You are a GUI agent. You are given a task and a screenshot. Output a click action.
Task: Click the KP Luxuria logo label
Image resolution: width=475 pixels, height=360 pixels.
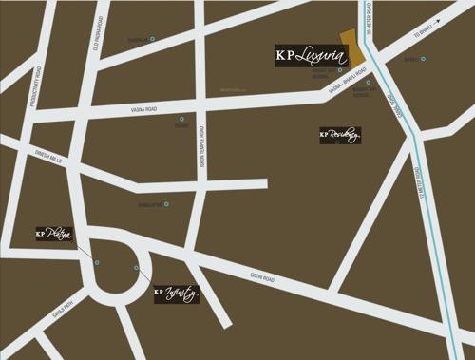[306, 54]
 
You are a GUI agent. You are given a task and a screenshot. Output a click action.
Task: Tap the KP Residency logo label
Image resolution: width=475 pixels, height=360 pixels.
[340, 135]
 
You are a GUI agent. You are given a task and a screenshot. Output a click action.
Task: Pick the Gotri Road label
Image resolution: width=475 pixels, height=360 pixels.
[262, 278]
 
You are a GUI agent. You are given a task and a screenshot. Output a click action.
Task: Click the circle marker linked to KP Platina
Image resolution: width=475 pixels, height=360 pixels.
[96, 262]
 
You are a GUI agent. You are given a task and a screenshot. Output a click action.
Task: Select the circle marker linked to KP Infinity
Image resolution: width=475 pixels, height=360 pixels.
[138, 270]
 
